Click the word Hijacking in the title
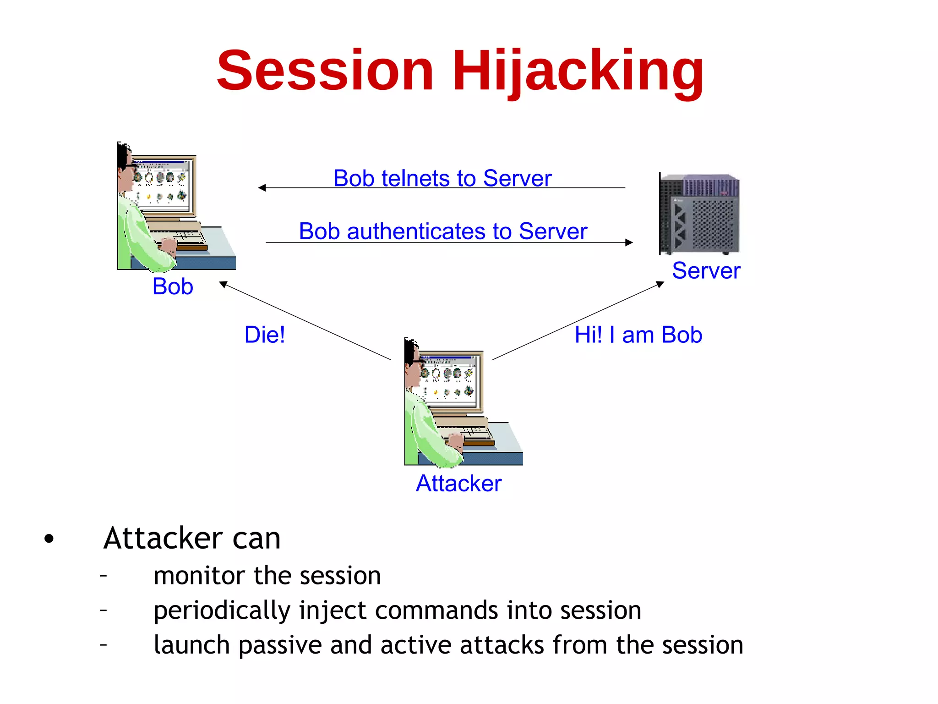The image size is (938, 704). (578, 71)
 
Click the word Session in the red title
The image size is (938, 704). (325, 71)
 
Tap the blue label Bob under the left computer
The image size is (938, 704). (173, 287)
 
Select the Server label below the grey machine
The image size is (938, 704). (706, 271)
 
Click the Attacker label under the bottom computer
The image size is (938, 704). (458, 484)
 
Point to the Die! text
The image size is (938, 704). (264, 335)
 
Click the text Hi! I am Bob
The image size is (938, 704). (638, 335)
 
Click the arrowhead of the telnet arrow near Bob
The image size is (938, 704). (262, 188)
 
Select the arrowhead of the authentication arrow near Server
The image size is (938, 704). (629, 242)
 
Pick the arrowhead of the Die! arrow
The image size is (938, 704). (223, 284)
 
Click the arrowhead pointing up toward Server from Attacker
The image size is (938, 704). (660, 284)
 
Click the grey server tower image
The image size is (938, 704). (699, 214)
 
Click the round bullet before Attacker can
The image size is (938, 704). (49, 539)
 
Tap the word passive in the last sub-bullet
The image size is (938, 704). (280, 645)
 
